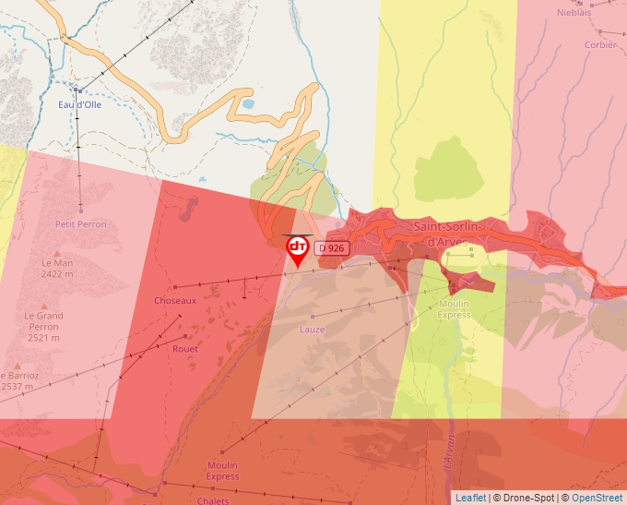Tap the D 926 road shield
[332, 248]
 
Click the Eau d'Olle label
[80, 104]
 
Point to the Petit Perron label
[81, 224]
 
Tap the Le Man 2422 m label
[56, 268]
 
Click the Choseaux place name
[175, 301]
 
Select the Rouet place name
[184, 349]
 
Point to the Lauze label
[312, 329]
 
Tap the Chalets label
[213, 500]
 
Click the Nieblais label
[574, 13]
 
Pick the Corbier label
[600, 44]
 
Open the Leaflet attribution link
[470, 498]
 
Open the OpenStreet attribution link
[597, 498]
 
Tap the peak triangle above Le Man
[56, 252]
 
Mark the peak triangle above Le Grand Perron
[43, 306]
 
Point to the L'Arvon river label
[449, 452]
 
